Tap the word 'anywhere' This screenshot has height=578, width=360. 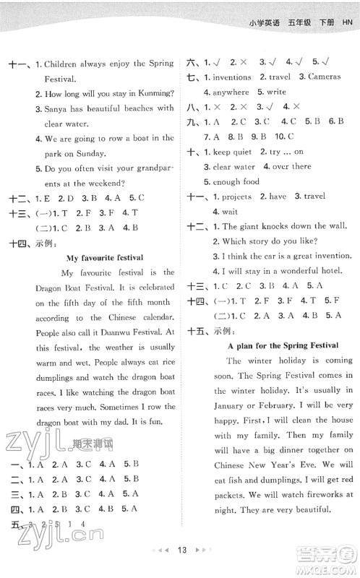(x=230, y=92)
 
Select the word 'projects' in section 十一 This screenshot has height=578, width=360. (x=234, y=196)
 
